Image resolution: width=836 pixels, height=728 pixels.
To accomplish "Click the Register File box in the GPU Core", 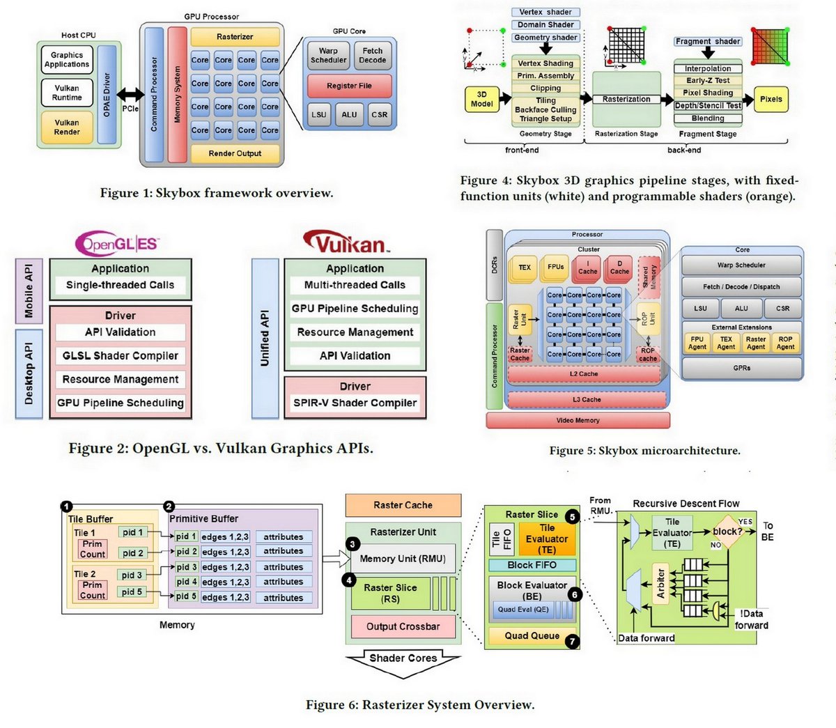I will click(x=349, y=86).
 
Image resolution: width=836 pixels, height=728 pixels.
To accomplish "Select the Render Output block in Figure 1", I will click(x=235, y=153).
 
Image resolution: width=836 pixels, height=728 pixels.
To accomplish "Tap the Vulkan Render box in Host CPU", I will click(x=67, y=127).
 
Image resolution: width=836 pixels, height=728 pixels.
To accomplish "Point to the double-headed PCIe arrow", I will click(x=130, y=95).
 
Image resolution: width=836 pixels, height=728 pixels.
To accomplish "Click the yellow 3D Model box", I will click(x=481, y=100).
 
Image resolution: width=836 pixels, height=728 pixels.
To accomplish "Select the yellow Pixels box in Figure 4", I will click(x=771, y=99).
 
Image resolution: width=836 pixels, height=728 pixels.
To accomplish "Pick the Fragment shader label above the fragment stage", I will click(x=708, y=42).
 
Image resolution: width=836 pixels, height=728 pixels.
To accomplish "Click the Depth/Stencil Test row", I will click(x=708, y=106).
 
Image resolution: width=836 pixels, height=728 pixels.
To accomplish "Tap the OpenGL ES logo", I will click(x=117, y=244).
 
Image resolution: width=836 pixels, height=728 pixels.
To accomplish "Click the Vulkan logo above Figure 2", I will click(x=346, y=243).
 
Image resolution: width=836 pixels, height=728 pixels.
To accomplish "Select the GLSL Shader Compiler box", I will click(x=121, y=356).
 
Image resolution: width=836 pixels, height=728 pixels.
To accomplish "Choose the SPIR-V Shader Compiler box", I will click(x=355, y=403).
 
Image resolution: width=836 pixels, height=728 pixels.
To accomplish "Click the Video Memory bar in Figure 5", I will click(x=578, y=420).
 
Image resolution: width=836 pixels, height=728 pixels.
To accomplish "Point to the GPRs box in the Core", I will click(x=741, y=368).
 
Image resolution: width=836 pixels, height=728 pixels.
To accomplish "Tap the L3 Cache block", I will click(x=587, y=400).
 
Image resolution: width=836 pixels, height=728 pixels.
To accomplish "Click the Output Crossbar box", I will click(x=403, y=626).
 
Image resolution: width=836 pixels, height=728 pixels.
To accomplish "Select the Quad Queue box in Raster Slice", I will click(x=532, y=635).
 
